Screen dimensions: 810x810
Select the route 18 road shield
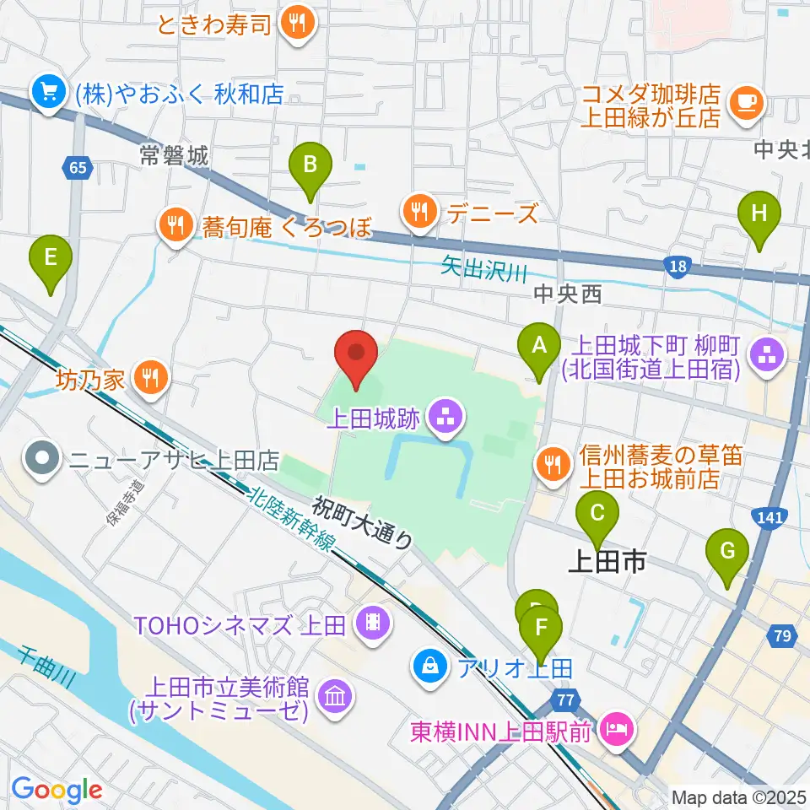click(x=678, y=267)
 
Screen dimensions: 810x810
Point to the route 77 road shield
click(x=564, y=699)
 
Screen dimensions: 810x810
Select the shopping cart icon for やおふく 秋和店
click(x=47, y=94)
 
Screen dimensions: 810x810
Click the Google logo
click(x=57, y=789)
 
